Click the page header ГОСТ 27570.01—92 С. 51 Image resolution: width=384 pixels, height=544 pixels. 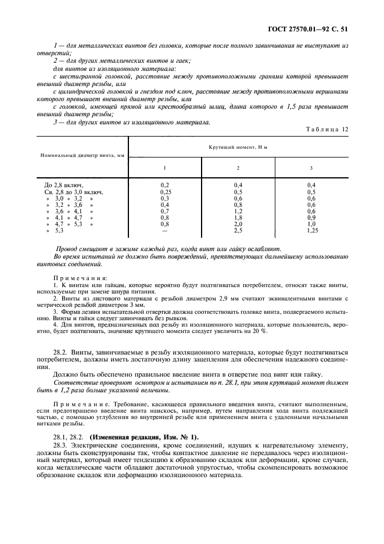tap(311, 27)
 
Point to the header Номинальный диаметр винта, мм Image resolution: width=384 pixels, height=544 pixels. tap(82, 156)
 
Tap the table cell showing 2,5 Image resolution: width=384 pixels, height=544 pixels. tap(238, 231)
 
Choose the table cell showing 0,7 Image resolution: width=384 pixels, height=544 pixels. tap(164, 211)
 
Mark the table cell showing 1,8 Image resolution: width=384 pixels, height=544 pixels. tap(238, 217)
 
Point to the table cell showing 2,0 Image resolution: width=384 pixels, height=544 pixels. tap(238, 224)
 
